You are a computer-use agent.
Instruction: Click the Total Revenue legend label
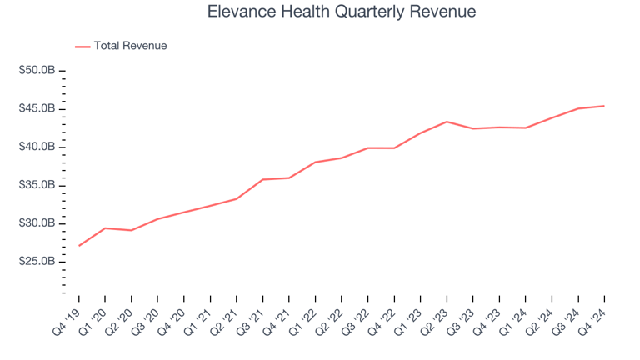(130, 46)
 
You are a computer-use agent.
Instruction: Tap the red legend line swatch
(82, 47)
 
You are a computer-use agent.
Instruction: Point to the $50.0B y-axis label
(37, 71)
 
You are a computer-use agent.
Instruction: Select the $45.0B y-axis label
(37, 109)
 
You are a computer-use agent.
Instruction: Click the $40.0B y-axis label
(37, 147)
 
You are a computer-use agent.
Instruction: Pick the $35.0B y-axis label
(37, 185)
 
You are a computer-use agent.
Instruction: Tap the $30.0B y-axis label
(37, 223)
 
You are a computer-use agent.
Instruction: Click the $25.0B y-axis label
(37, 262)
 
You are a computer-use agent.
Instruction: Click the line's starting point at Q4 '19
(79, 245)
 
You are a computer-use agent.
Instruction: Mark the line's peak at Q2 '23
(447, 122)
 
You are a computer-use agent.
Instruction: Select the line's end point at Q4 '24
(604, 106)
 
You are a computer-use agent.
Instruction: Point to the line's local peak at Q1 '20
(105, 228)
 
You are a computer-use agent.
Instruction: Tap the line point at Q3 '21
(262, 179)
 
